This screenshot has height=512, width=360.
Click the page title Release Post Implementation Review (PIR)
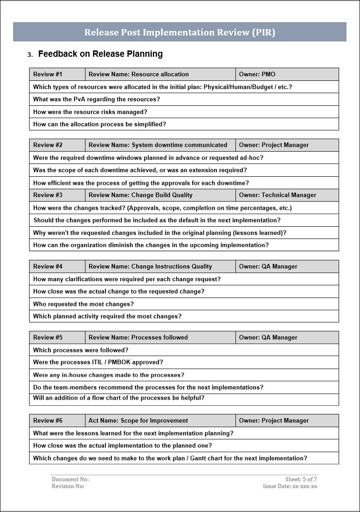180,32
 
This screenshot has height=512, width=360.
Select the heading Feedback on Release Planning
100,54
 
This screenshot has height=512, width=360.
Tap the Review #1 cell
57,75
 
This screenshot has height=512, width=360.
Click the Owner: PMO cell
287,75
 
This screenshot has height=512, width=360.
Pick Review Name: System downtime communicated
160,145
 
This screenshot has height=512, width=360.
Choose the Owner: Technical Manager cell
287,195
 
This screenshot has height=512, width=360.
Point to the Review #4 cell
57,267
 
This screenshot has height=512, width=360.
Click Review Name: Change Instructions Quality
160,267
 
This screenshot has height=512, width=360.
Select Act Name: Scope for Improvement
160,421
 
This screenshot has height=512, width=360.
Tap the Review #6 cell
57,421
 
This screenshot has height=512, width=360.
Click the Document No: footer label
70,479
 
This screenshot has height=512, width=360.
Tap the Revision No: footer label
68,486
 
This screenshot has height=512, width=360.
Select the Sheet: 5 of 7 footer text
301,479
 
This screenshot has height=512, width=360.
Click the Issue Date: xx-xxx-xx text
290,486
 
